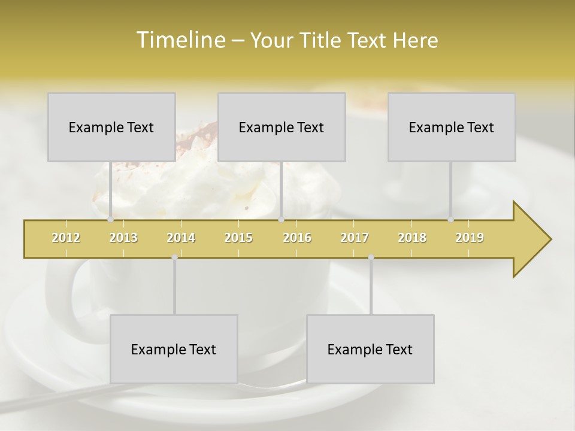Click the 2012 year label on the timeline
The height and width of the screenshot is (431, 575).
click(x=66, y=238)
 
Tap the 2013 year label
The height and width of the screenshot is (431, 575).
click(x=123, y=238)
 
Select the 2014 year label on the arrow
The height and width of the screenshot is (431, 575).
click(x=181, y=238)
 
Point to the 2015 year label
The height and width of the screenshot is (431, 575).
click(x=238, y=238)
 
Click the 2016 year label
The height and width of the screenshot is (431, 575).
click(x=297, y=238)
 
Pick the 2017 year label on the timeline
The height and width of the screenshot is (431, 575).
click(x=355, y=238)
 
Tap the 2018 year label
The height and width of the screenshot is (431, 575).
click(x=412, y=238)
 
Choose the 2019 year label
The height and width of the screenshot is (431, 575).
click(x=470, y=238)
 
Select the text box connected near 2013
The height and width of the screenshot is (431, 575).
click(x=111, y=127)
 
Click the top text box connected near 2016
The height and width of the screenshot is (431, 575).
click(x=282, y=127)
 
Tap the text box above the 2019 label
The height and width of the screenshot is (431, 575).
click(x=452, y=127)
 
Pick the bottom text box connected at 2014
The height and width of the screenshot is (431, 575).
click(x=174, y=349)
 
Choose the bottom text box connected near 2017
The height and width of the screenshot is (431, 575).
click(x=370, y=349)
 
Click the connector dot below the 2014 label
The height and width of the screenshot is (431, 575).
click(x=174, y=257)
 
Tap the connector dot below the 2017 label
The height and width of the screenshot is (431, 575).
click(x=371, y=257)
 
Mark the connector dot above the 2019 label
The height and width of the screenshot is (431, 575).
click(x=451, y=220)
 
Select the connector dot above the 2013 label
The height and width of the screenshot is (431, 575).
click(x=110, y=220)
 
